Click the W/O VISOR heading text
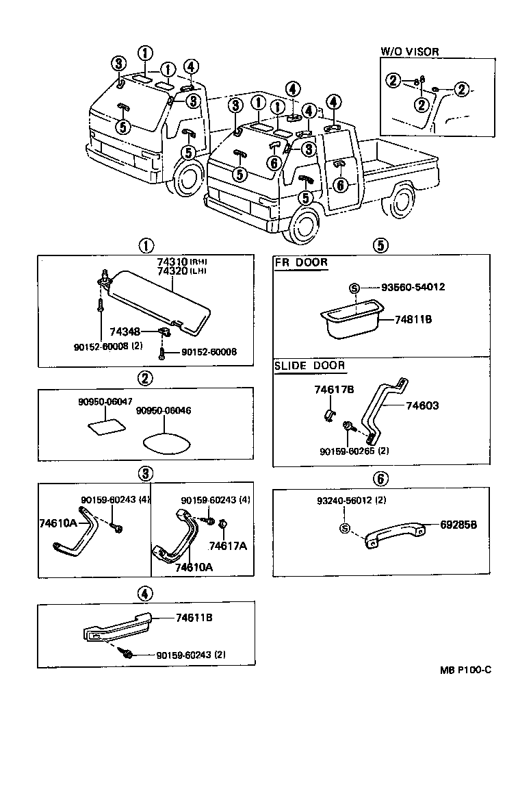(410, 51)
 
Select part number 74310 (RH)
(171, 262)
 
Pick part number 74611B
(194, 617)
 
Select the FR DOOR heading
(301, 262)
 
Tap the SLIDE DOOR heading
(310, 366)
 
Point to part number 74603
(422, 405)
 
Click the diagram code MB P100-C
(465, 670)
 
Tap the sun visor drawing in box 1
(161, 298)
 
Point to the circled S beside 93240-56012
(344, 528)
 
